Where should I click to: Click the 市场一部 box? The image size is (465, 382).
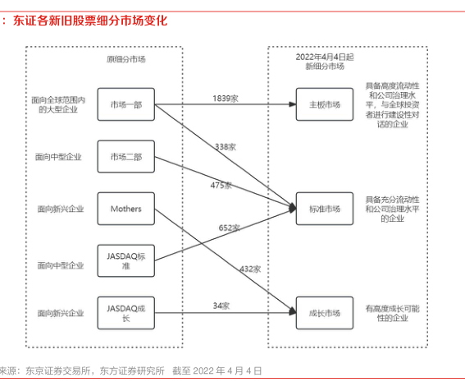(x=126, y=104)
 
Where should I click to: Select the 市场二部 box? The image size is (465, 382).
(x=126, y=157)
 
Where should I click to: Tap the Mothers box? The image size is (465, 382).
(x=126, y=209)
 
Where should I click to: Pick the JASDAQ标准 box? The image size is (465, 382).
(x=126, y=260)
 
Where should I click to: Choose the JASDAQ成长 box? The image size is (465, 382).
(x=126, y=313)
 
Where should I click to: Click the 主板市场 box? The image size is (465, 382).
(x=325, y=104)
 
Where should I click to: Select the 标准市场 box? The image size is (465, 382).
(x=325, y=209)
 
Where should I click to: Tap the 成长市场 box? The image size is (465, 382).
(x=325, y=313)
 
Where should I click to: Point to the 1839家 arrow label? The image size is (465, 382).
(x=226, y=99)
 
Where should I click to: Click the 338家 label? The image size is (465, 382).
(x=226, y=147)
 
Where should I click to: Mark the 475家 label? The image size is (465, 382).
(x=221, y=186)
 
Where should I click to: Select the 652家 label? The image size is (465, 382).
(x=230, y=228)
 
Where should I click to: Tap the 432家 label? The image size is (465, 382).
(x=250, y=269)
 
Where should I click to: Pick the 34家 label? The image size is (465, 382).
(x=221, y=306)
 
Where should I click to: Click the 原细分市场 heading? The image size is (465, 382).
(x=126, y=59)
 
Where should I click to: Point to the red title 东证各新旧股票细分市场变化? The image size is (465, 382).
(x=90, y=21)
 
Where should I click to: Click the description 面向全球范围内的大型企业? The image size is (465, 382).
(x=58, y=104)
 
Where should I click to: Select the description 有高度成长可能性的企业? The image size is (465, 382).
(x=392, y=313)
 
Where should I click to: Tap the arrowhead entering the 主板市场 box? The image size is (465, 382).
(x=293, y=104)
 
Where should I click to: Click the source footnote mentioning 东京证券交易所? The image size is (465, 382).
(x=130, y=371)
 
